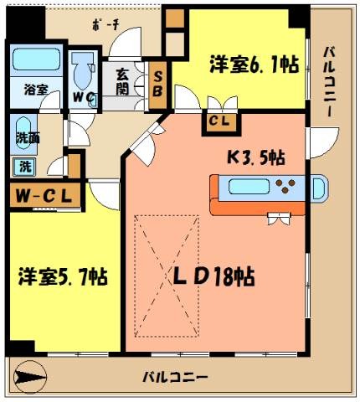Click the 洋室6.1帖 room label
point(254,63)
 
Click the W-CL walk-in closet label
point(44,197)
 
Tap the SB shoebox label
point(157,85)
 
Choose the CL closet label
point(222,122)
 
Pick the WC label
point(83,97)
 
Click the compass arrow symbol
point(31,378)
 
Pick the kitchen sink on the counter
point(317,188)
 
